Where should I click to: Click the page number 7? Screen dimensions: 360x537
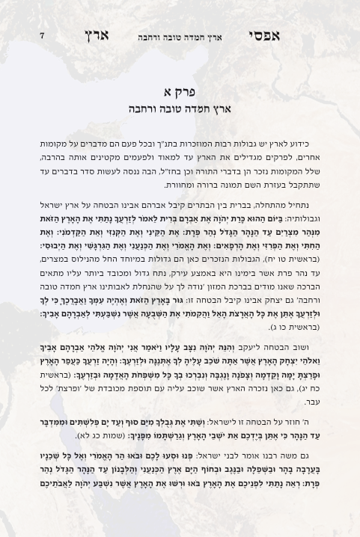point(42,36)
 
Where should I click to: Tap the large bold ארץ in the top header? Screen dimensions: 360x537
point(97,36)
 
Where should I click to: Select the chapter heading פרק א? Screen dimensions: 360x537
point(180,92)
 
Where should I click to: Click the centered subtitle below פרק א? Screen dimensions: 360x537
point(180,109)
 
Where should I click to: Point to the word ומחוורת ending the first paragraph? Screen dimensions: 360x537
point(180,185)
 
